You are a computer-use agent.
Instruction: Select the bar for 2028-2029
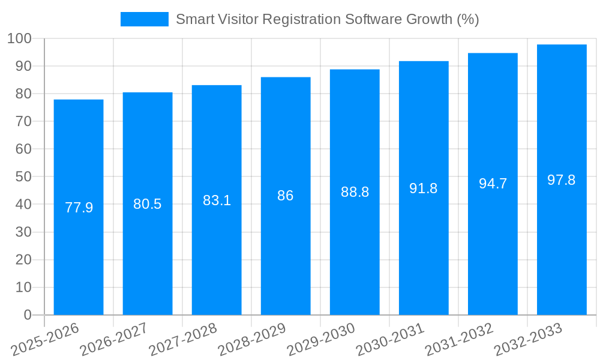286,252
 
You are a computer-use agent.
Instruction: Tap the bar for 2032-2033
562,252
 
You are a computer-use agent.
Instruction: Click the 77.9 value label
79,208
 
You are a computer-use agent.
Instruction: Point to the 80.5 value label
148,204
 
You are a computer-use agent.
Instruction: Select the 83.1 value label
217,200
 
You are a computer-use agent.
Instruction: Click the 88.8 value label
355,192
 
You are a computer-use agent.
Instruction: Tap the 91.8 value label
424,188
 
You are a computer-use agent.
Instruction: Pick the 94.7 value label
493,184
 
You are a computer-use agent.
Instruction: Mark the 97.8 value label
562,180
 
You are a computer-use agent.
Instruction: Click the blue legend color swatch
145,19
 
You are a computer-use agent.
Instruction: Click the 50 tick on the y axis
23,176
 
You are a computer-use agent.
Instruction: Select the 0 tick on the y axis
28,314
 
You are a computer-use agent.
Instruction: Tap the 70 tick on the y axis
23,121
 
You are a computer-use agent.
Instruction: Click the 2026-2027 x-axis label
115,340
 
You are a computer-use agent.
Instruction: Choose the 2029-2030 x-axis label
322,340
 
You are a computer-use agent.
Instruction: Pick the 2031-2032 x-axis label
460,340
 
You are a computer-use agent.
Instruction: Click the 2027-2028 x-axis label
184,340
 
